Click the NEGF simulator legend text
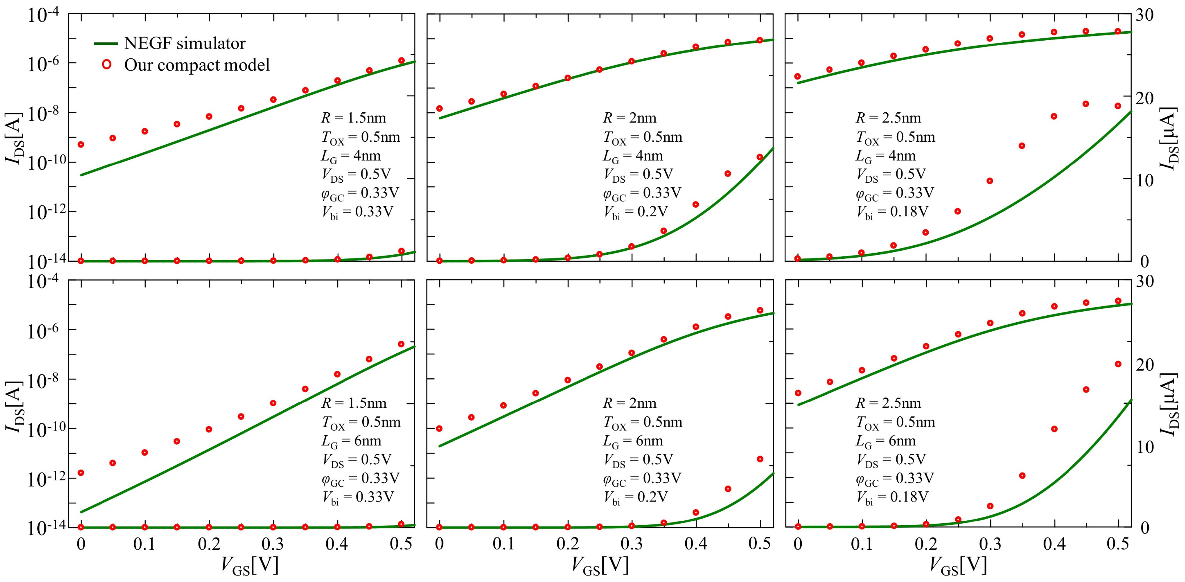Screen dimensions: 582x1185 click(x=185, y=43)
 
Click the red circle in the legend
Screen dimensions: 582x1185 click(x=107, y=65)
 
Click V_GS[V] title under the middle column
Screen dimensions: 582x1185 click(x=600, y=565)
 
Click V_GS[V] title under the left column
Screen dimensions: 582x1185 click(x=250, y=565)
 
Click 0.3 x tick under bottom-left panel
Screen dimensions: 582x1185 click(x=273, y=544)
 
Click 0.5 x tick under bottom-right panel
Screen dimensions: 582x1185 click(x=1118, y=544)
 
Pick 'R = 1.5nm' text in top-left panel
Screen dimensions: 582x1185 click(x=353, y=118)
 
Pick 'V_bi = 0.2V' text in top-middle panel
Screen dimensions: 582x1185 click(x=635, y=212)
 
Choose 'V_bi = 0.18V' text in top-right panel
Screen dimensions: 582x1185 click(x=892, y=212)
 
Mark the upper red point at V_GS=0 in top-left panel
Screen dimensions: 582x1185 click(x=81, y=144)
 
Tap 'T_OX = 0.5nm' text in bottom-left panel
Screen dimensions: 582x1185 click(x=361, y=422)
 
